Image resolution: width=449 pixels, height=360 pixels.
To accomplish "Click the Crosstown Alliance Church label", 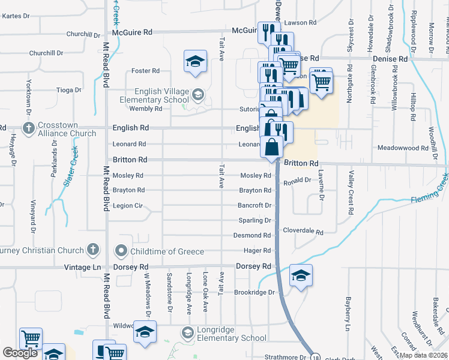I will [x=65, y=128].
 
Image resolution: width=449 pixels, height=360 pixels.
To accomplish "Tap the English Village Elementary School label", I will [x=155, y=95].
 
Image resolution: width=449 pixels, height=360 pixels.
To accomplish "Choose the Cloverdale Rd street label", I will [x=303, y=231].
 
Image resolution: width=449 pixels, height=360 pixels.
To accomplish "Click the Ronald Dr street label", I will [x=298, y=180].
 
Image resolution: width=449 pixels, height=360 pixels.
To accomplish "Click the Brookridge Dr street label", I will [x=254, y=293].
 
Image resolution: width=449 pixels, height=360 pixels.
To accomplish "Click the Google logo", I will [x=20, y=353].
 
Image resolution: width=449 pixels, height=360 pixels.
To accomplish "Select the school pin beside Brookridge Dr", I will [x=300, y=275].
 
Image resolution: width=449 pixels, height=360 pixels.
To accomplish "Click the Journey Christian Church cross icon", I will [x=92, y=249].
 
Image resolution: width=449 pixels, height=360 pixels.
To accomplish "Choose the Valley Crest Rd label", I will [x=349, y=193].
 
